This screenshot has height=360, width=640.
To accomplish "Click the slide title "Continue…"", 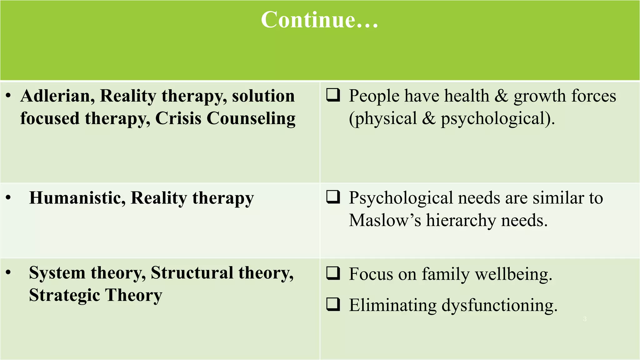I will pos(319,20).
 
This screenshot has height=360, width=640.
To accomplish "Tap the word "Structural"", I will pos(192,273).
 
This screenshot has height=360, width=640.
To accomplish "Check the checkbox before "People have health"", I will pos(333,95).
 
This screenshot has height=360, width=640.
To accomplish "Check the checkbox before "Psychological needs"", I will pos(333,197).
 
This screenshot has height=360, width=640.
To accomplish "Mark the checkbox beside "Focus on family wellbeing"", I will pos(333,273).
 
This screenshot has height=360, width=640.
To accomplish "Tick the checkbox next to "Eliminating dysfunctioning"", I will pos(333,304).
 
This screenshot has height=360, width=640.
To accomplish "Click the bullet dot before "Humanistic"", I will pos(8,198).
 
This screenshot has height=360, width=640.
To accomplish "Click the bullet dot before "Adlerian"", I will pos(8,96).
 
